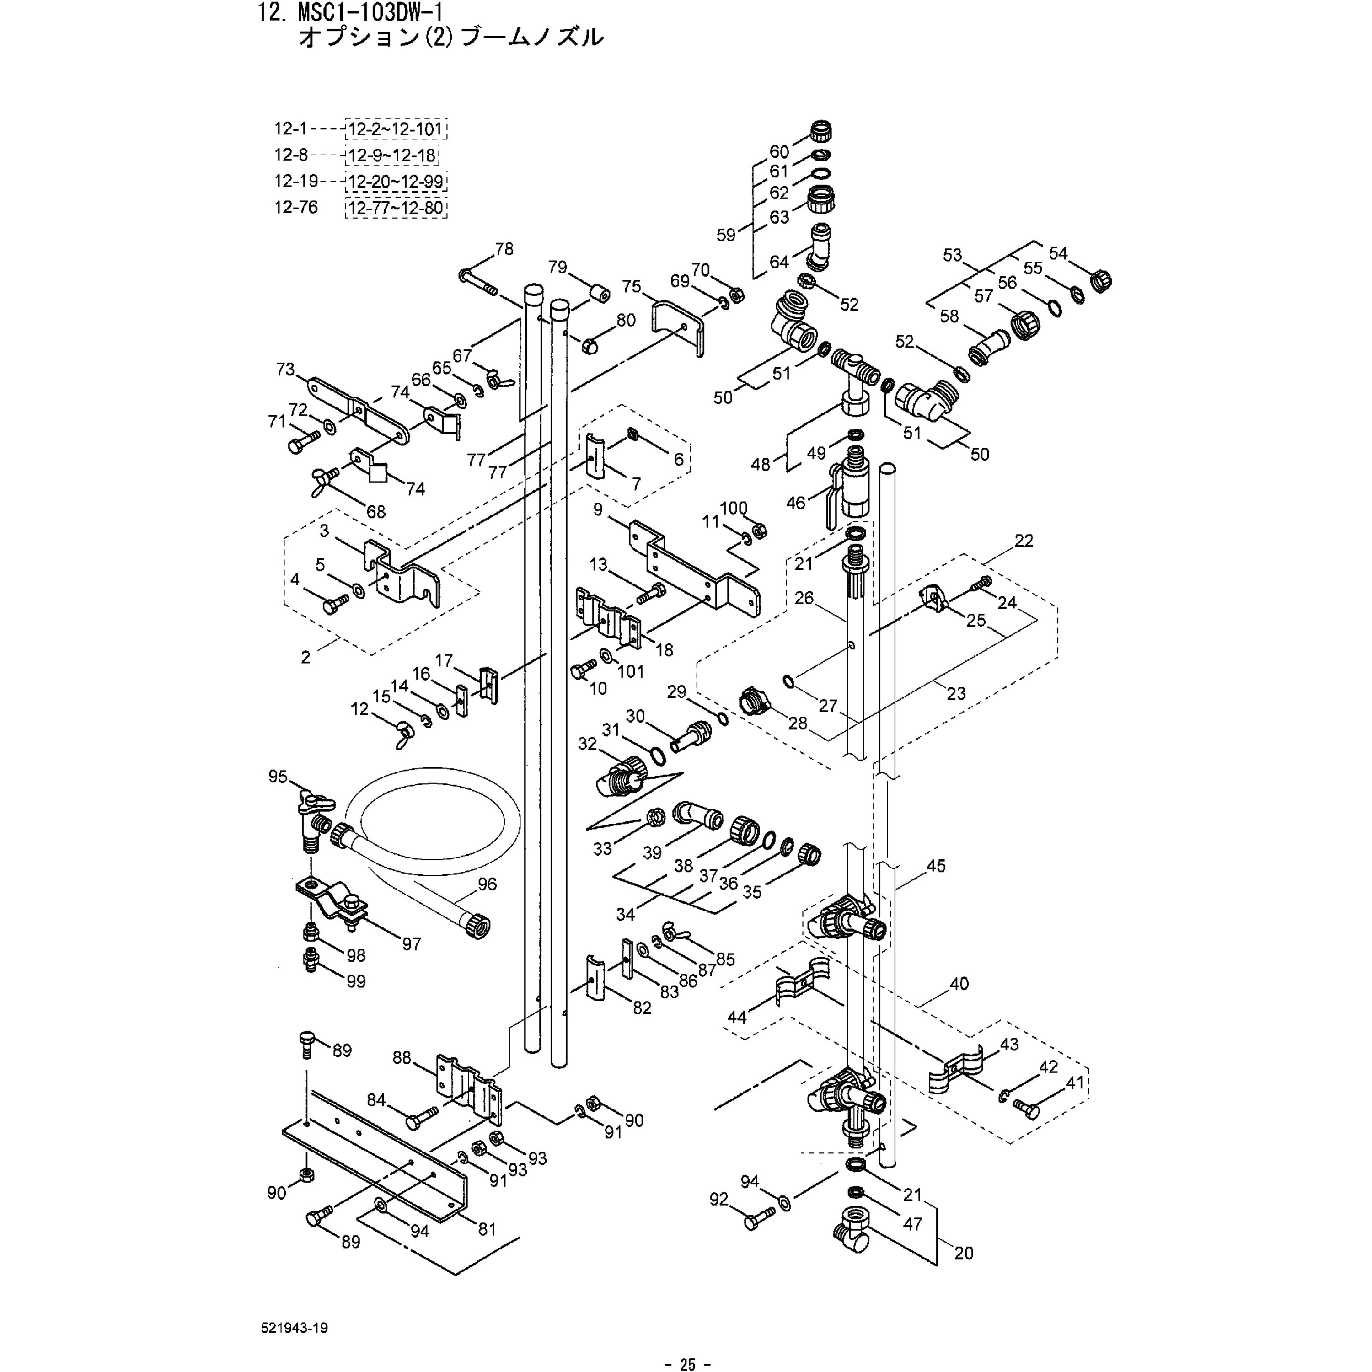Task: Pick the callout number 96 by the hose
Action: pyautogui.click(x=487, y=884)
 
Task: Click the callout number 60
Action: pyautogui.click(x=779, y=151)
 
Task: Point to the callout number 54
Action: pyautogui.click(x=1058, y=253)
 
